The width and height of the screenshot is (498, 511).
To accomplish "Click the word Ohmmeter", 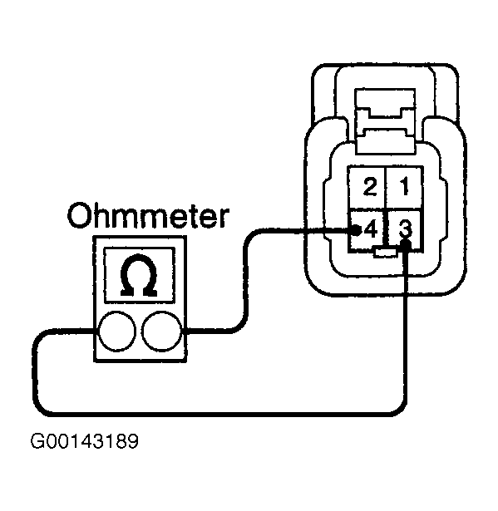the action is pos(148,215).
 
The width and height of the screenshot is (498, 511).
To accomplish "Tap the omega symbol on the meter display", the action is pos(139,275).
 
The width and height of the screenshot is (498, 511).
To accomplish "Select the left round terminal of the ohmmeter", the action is pos(117,332).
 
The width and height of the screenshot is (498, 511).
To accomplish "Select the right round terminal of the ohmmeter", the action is pos(162,332).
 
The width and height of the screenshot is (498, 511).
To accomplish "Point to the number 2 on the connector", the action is pos(370,187).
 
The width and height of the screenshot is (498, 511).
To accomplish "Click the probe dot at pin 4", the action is pos(357,231).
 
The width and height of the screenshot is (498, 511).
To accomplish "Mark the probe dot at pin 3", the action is pos(406,244).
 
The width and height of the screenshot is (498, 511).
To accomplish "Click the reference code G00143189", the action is pos(85,441).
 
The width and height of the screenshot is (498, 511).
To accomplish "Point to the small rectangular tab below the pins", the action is pos(385,253).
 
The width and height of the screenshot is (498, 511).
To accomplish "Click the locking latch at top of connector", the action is pos(385,121).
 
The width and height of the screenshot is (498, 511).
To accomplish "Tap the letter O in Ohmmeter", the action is pos(79,216).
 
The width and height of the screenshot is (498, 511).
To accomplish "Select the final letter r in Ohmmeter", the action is pos(224,219).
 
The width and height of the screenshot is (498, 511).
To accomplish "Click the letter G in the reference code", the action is pos(37,441).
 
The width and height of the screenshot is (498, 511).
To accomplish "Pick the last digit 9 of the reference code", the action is pos(133,441).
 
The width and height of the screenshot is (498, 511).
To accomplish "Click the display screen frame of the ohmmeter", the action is pos(140,248).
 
